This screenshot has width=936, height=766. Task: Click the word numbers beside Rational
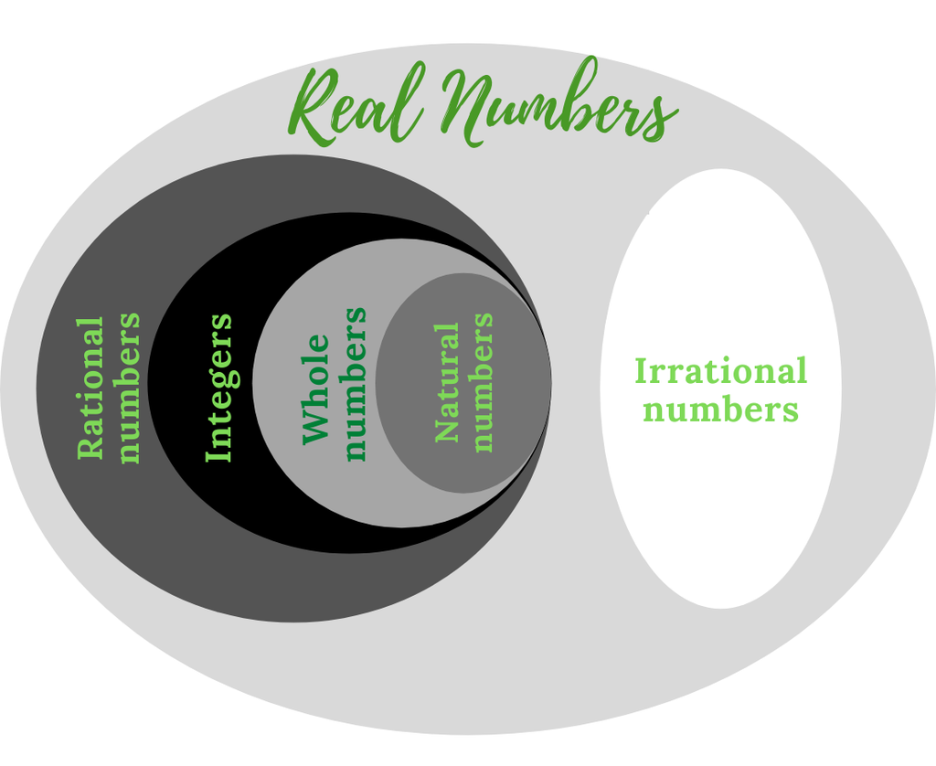pos(129,388)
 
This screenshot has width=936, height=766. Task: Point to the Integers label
pos(219,388)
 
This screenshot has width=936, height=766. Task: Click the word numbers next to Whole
pos(355,384)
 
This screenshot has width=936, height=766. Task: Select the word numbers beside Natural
pos(482,382)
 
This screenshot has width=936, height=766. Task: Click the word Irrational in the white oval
pos(720,371)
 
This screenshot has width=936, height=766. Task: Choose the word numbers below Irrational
pos(720,409)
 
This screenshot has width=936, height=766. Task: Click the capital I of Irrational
pos(641,371)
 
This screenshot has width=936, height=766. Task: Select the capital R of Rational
pos(90,446)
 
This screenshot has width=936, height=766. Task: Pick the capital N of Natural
pos(446,429)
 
